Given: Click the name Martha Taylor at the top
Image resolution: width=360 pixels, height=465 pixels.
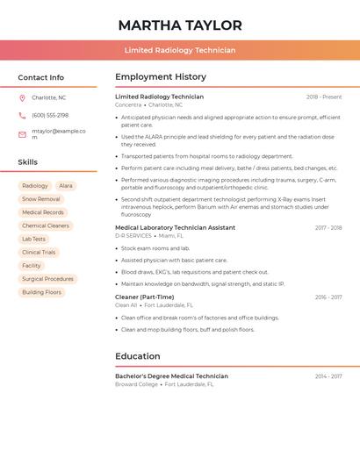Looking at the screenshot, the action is (x=180, y=25).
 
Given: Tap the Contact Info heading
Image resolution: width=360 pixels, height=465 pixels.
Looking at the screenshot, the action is (x=40, y=77).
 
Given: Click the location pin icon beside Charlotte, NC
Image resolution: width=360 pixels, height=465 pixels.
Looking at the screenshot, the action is (x=22, y=98).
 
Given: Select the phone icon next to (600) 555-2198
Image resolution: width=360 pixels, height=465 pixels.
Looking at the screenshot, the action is (x=22, y=116).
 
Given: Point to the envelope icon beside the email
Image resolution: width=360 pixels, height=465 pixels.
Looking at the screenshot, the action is (x=22, y=134).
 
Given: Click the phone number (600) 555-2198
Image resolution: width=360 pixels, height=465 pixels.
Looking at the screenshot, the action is (x=50, y=116).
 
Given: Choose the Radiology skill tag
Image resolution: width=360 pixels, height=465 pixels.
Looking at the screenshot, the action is (x=35, y=186).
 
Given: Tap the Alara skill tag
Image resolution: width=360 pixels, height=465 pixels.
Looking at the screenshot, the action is (x=66, y=186).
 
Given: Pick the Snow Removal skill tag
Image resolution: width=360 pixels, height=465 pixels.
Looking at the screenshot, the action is (x=41, y=199).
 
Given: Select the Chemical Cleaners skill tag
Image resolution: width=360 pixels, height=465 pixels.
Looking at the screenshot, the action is (x=46, y=225).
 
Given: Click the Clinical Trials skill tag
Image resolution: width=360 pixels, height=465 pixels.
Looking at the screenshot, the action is (x=39, y=252).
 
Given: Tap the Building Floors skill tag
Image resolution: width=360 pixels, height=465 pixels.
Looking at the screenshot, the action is (x=41, y=292).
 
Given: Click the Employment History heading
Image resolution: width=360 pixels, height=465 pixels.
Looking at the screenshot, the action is (x=161, y=77).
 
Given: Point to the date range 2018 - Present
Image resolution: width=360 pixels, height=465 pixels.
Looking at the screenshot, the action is (x=324, y=97).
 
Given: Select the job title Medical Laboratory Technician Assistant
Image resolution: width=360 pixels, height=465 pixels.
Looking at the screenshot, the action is (x=175, y=228).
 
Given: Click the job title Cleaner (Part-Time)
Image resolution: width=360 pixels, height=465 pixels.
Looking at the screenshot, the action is (x=144, y=297).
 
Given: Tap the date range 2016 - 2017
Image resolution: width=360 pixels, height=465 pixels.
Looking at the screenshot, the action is (x=328, y=297).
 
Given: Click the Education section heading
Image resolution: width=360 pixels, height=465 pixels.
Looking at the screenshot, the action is (x=138, y=356).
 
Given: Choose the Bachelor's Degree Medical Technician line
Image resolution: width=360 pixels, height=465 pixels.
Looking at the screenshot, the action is (x=171, y=376).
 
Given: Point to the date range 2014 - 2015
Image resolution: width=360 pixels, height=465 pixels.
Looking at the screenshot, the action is (x=328, y=376).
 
